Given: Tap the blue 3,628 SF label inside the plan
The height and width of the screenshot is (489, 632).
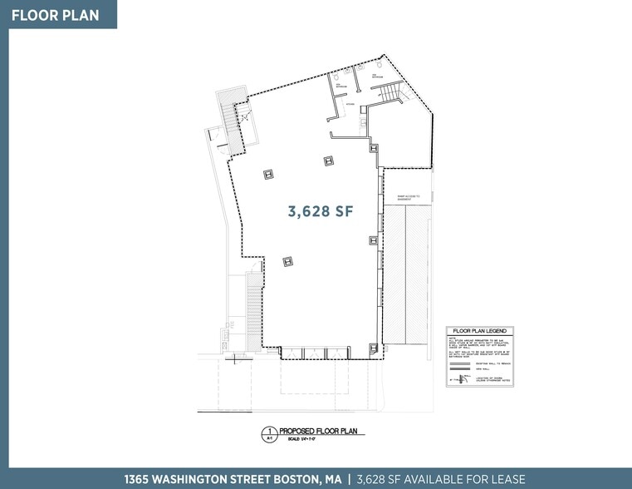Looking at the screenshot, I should pos(321,212).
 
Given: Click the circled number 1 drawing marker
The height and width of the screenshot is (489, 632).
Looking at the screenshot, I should pos(268,432).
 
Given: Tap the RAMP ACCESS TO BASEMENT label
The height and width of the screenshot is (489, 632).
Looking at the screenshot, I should pos(408,197).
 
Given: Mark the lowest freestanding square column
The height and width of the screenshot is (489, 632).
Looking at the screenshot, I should pos(287,261).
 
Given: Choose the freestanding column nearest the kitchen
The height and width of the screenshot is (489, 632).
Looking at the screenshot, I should pos(329,161).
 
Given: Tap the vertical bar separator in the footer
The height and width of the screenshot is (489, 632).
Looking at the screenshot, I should pos(349,479).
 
